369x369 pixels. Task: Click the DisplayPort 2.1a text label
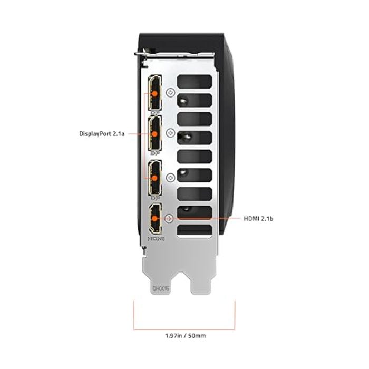point(102,134)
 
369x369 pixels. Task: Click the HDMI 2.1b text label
point(258,218)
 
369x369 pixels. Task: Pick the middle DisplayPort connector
point(156,134)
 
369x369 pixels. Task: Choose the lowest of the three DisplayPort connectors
point(156,178)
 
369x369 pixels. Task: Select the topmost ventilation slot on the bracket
point(195,81)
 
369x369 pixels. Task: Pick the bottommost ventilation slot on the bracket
point(195,230)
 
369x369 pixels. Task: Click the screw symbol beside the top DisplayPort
point(170,92)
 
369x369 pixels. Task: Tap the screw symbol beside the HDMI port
point(169,218)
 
